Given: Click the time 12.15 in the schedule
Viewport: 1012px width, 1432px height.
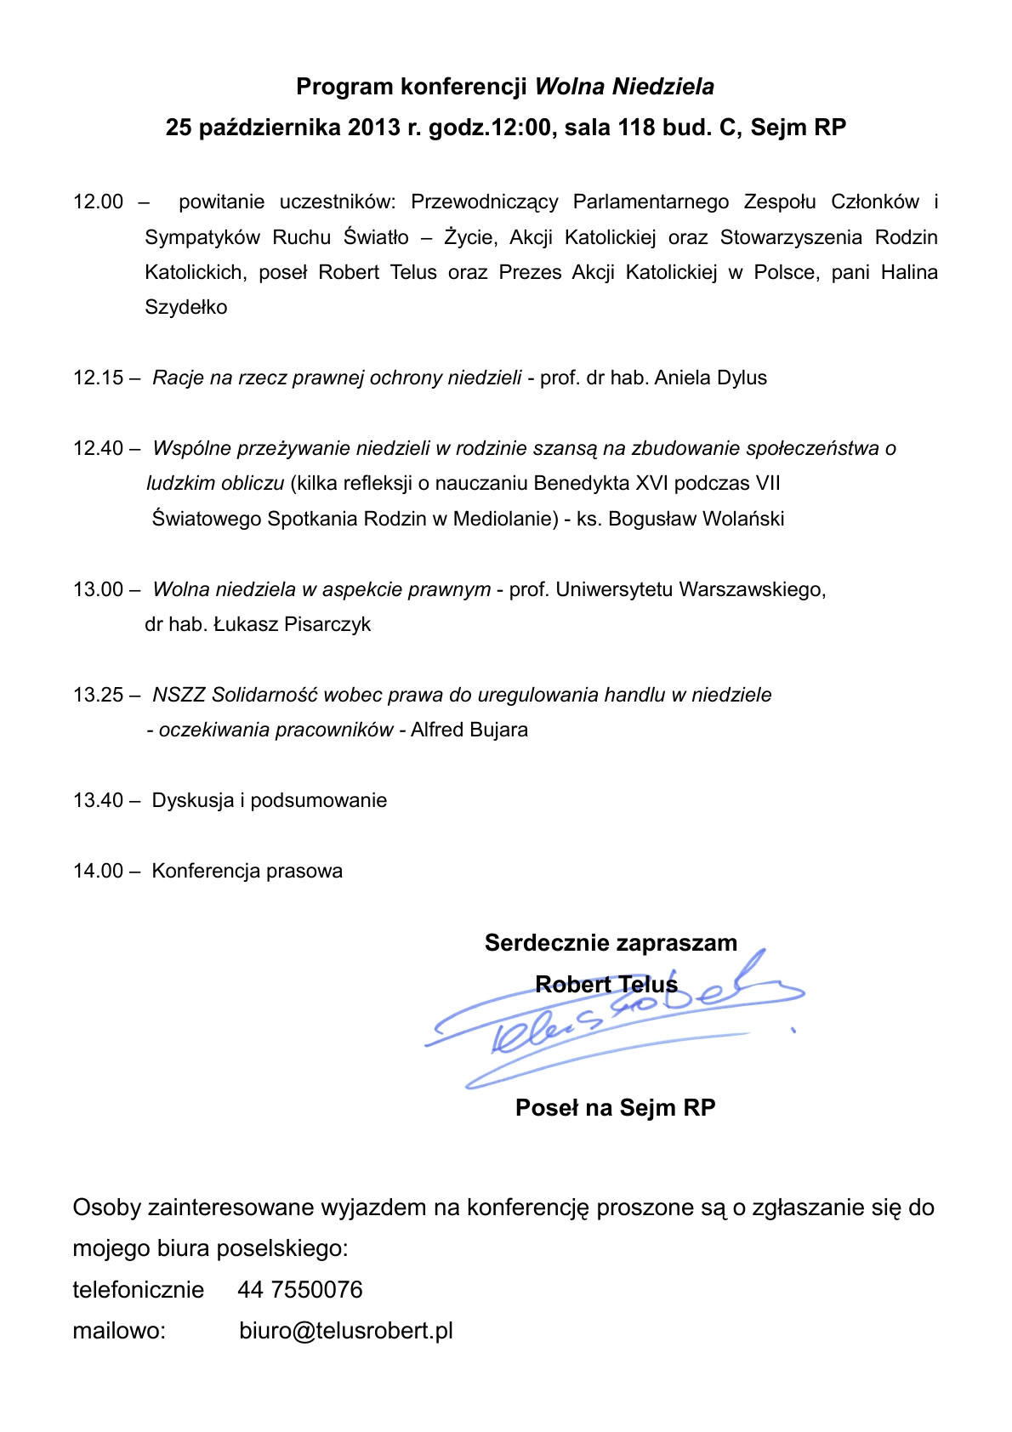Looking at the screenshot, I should (x=98, y=378).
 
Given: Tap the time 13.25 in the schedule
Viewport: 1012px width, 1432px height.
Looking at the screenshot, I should (x=98, y=695).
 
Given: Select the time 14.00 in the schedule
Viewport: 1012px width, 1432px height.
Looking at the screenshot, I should (x=98, y=871).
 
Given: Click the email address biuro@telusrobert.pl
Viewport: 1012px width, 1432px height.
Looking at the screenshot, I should (x=346, y=1331).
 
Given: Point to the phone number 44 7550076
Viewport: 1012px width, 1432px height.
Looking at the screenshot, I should (x=300, y=1290).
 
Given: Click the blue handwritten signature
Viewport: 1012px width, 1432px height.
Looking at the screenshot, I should (x=612, y=1025).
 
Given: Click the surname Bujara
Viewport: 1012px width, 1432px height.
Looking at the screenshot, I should (x=498, y=730).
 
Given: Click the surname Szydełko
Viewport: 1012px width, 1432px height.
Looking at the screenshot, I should (x=185, y=307).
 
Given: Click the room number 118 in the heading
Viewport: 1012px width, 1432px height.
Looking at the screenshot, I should (x=636, y=128).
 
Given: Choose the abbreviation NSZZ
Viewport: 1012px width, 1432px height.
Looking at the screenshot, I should (x=179, y=695).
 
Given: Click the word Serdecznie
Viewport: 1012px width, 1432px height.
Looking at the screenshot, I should (x=547, y=943).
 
